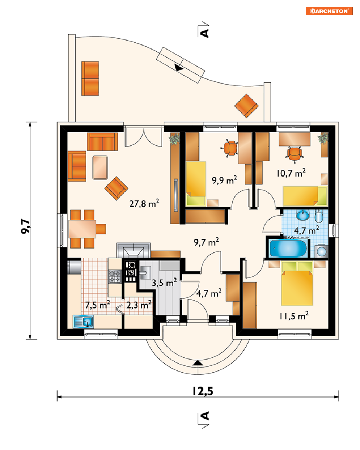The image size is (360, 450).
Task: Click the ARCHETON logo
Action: (329, 11)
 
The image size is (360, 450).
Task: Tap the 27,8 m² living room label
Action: (144, 203)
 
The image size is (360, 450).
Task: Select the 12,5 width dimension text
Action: (203, 391)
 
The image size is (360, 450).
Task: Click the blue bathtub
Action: (288, 248)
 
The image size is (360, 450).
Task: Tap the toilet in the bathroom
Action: (319, 216)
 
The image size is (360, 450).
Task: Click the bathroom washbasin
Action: (303, 215)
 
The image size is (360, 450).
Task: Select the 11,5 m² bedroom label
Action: (294, 316)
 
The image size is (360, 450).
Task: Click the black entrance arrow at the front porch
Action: (198, 363)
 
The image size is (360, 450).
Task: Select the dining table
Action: (82, 229)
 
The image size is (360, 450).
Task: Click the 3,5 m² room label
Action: (164, 283)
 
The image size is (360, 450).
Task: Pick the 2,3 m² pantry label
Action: (139, 305)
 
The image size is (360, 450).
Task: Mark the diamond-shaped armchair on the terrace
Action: (246, 106)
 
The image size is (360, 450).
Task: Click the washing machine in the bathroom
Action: (321, 251)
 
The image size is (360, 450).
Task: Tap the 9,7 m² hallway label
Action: (206, 242)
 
